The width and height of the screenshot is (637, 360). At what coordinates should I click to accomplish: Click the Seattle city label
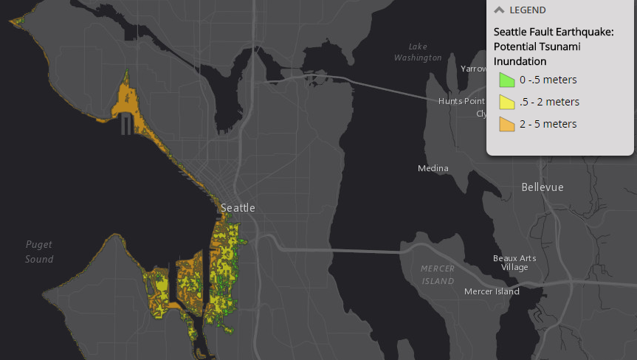click(238, 208)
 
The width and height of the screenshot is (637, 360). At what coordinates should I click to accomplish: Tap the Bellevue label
click(542, 187)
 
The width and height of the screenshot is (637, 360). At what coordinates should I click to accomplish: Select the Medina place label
click(433, 168)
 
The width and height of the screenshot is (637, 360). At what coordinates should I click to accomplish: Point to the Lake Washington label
click(418, 52)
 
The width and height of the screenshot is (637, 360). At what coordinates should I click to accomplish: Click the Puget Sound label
click(39, 252)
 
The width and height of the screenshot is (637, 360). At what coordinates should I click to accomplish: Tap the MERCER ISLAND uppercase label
click(438, 274)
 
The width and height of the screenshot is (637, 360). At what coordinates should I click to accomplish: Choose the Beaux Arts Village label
click(514, 263)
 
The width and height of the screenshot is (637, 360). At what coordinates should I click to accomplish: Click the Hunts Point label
click(461, 101)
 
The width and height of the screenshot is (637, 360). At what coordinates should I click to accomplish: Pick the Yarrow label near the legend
click(474, 69)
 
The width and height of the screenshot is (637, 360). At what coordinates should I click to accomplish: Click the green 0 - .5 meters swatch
click(506, 80)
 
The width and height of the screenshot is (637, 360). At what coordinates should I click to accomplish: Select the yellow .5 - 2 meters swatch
click(506, 102)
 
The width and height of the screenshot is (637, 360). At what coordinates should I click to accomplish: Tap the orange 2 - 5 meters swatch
click(506, 124)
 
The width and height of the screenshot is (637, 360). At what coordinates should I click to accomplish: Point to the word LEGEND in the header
click(528, 10)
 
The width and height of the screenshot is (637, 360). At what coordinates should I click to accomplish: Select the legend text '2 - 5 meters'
click(548, 124)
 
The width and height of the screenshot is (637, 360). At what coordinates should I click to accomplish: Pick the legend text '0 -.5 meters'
click(548, 80)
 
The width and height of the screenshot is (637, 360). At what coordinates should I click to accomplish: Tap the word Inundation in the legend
click(520, 61)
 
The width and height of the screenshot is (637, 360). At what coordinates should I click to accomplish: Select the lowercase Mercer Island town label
click(492, 291)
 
